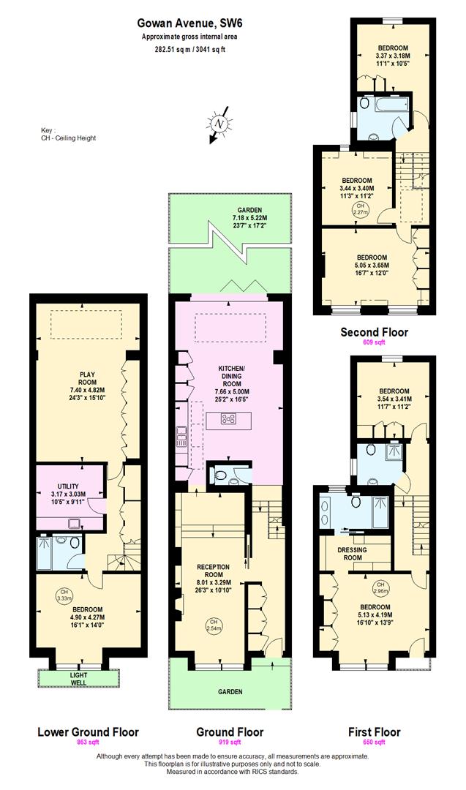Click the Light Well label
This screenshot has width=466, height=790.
(78, 678)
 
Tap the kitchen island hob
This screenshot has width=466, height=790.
(228, 419)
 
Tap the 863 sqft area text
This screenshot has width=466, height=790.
(87, 742)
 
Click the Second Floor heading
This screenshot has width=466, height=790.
(375, 332)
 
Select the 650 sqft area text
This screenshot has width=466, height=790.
(374, 742)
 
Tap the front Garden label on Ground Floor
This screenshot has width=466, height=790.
(229, 691)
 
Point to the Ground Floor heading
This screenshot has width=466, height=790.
(230, 731)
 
